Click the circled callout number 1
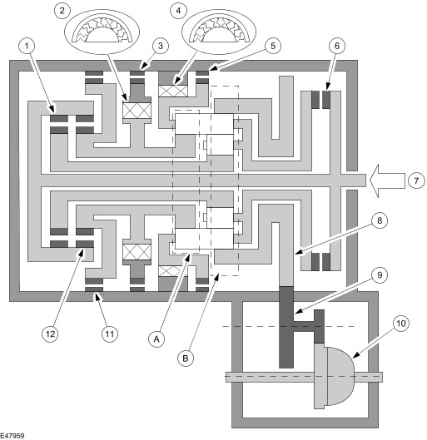click(27, 46)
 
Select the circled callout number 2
click(62, 11)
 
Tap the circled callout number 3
click(161, 46)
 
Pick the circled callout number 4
click(178, 11)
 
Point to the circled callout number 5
click(273, 46)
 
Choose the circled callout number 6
click(337, 46)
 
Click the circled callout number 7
click(416, 180)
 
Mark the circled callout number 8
click(380, 220)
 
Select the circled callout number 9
click(380, 275)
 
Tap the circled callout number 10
click(401, 324)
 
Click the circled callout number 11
click(110, 334)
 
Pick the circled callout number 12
click(50, 334)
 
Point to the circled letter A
click(156, 339)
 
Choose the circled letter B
click(186, 358)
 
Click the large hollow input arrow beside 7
click(387, 180)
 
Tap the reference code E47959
click(12, 436)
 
